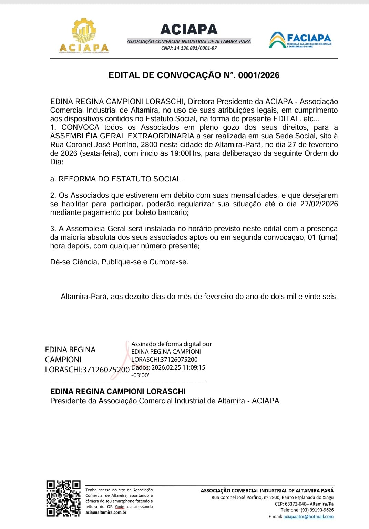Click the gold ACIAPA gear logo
click(x=84, y=35)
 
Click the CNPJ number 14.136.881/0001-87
click(x=195, y=48)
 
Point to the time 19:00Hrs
click(x=185, y=153)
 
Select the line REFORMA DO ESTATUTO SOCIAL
click(x=121, y=179)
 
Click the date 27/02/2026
click(x=319, y=204)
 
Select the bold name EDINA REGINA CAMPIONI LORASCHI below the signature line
click(x=118, y=392)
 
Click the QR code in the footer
click(x=63, y=498)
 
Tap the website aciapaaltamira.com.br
click(x=106, y=512)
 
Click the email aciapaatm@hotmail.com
click(x=308, y=517)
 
